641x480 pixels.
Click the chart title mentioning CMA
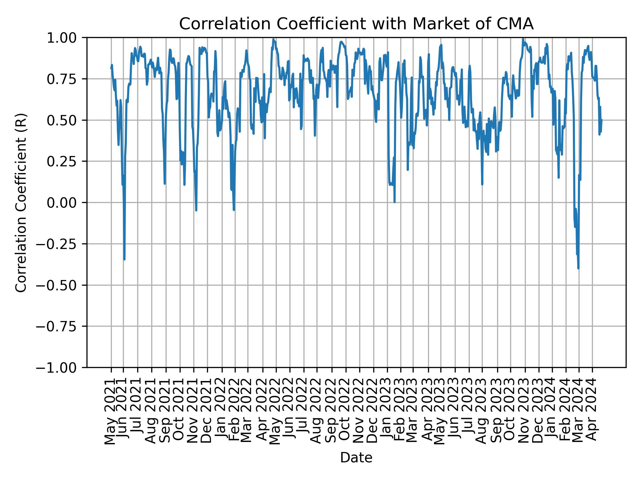[x=356, y=24]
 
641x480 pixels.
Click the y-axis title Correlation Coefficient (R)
[x=21, y=202]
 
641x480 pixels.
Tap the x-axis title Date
[x=356, y=458]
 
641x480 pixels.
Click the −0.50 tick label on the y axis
[x=60, y=285]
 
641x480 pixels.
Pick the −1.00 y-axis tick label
[x=60, y=367]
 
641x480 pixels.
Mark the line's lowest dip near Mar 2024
[x=578, y=268]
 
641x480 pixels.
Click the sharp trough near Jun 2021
[x=124, y=259]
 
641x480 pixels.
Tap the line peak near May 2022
[x=273, y=39]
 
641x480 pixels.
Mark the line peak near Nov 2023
[x=523, y=39]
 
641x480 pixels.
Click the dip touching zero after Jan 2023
[x=395, y=202]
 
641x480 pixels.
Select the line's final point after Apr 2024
[x=602, y=120]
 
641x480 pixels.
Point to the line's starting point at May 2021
[x=111, y=68]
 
